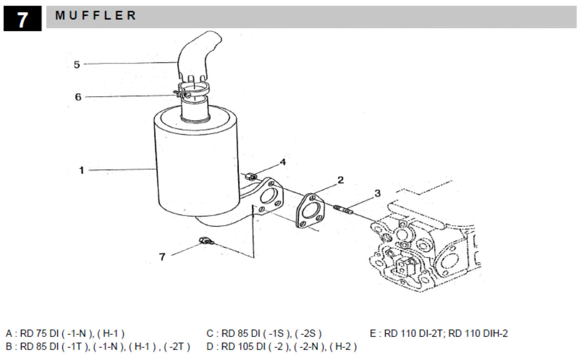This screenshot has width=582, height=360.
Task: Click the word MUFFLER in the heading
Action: pyautogui.click(x=96, y=15)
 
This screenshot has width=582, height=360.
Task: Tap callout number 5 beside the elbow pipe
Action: pyautogui.click(x=77, y=65)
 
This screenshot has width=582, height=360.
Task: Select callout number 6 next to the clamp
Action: pyautogui.click(x=78, y=97)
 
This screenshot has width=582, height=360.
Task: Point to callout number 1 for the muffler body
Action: pyautogui.click(x=82, y=170)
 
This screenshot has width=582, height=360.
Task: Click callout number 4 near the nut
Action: pyautogui.click(x=283, y=162)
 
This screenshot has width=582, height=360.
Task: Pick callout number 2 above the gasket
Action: pyautogui.click(x=340, y=180)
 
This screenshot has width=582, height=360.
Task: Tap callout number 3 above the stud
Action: pyautogui.click(x=377, y=193)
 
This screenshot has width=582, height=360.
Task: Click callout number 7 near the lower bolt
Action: pyautogui.click(x=162, y=257)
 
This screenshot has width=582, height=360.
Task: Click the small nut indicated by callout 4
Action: pyautogui.click(x=252, y=177)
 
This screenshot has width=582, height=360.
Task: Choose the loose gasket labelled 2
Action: pyautogui.click(x=310, y=211)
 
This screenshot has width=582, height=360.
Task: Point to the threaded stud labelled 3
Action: pyautogui.click(x=344, y=210)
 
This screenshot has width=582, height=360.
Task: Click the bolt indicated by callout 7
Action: pyautogui.click(x=206, y=241)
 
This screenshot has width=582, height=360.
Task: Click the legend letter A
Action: pyautogui.click(x=9, y=334)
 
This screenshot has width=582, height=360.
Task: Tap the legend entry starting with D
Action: pyautogui.click(x=281, y=347)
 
